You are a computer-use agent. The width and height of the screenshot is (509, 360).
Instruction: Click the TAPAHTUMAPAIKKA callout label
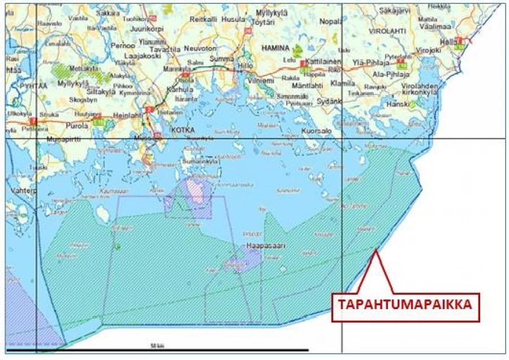point(405,305)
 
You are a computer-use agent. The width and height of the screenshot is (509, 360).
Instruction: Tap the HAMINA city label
point(275,48)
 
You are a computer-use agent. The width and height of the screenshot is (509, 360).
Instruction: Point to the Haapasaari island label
point(264,246)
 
